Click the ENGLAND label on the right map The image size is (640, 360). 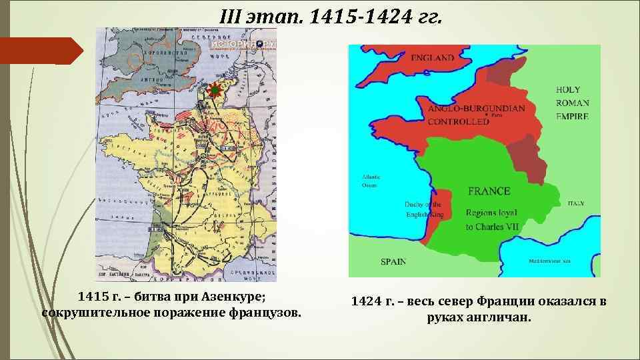point(433,58)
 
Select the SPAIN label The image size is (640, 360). point(393,261)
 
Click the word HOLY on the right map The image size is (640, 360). point(568,89)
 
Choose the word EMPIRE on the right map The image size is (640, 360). point(573,116)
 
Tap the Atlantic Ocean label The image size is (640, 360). point(371,181)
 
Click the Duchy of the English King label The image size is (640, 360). point(424,209)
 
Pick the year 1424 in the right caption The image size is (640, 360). point(365,302)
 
